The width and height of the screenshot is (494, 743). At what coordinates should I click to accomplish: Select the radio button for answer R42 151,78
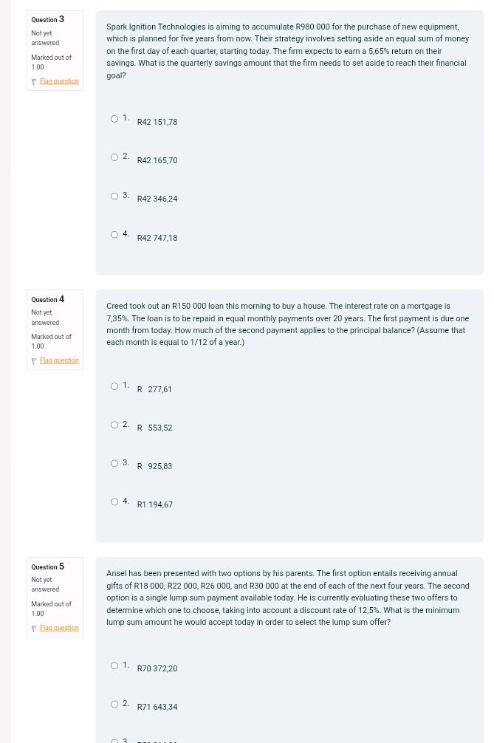114,119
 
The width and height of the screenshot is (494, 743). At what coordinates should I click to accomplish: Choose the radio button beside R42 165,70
114,157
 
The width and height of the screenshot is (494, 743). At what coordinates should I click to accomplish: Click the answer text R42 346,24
157,199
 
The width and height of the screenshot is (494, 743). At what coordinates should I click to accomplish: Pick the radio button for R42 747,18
114,235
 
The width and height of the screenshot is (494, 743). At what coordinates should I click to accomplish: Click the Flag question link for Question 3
59,81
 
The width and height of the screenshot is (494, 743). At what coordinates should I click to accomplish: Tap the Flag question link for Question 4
59,360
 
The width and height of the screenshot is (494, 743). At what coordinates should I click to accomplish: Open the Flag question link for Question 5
59,628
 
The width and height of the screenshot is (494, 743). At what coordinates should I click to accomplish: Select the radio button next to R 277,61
114,386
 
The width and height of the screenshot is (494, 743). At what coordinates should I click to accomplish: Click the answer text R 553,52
154,428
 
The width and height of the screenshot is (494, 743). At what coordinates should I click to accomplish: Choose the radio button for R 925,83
114,463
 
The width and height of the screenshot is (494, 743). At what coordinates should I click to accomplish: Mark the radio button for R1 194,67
114,502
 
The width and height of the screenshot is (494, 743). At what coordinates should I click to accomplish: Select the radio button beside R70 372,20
114,665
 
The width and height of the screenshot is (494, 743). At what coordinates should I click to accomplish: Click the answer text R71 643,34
157,707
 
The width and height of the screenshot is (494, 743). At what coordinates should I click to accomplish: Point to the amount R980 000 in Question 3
312,27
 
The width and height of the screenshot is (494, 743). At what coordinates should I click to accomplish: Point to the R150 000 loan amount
189,306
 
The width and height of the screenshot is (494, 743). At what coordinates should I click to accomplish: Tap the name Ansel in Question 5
118,573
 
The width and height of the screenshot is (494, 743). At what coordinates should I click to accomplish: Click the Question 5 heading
48,566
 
